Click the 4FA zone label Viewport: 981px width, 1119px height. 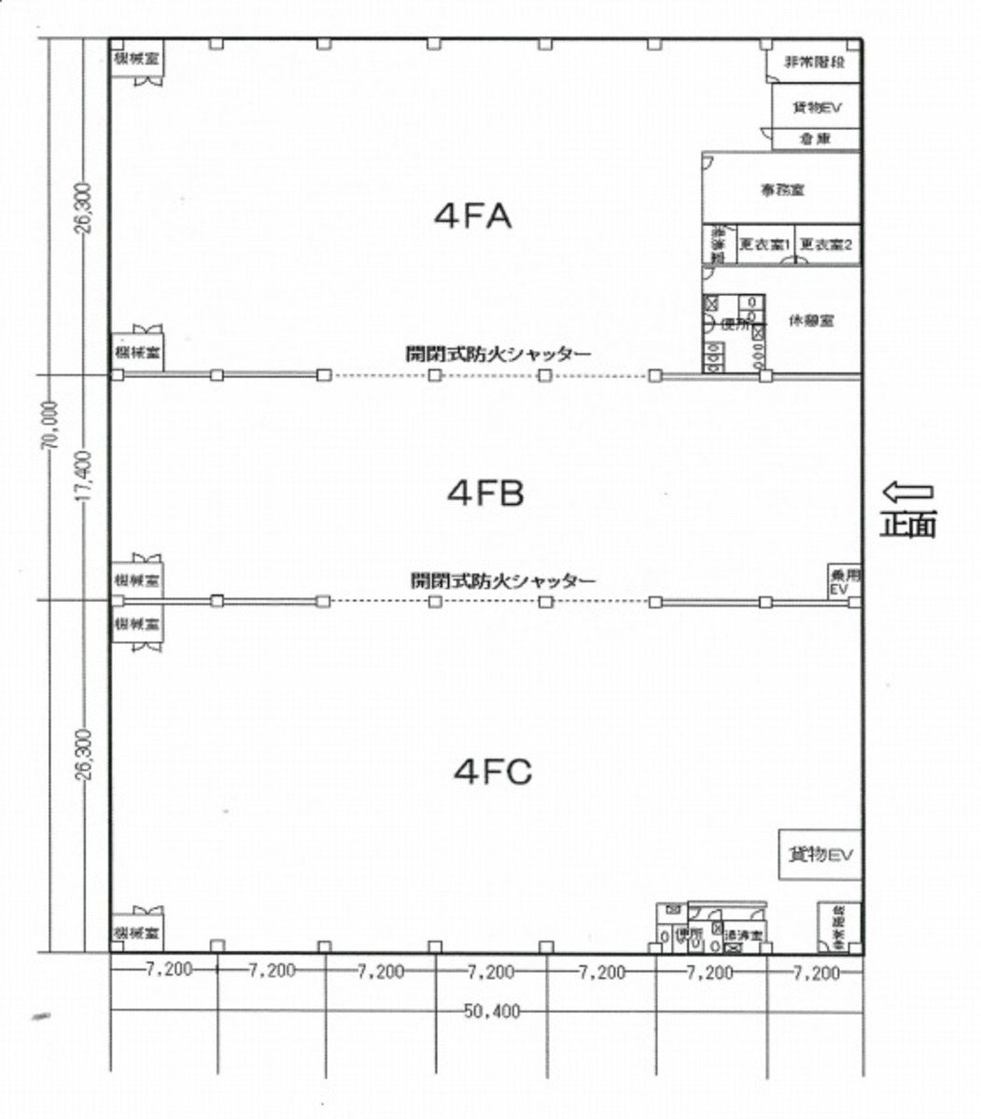473,217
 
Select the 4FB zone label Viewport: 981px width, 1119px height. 485,492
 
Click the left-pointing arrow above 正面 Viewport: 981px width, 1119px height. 907,491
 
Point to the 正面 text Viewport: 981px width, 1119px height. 907,525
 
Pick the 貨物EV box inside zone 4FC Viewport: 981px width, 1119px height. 820,854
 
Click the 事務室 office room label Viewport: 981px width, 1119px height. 782,189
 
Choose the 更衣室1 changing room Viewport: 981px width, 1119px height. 764,245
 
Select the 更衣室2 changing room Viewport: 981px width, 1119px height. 827,245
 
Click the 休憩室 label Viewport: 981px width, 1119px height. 811,319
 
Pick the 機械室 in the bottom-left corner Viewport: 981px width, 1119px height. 136,932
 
